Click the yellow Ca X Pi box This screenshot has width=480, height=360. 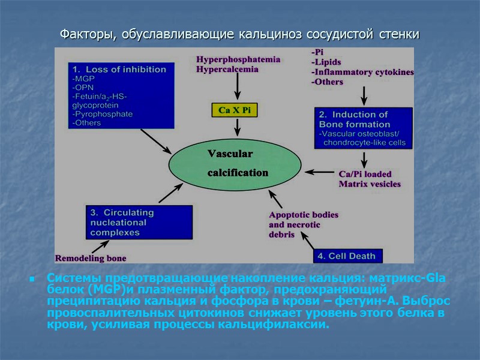coord(238,110)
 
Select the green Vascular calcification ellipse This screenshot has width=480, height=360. coord(235,163)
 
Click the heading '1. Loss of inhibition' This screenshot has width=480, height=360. coord(118,70)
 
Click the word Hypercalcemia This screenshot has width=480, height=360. coord(227,69)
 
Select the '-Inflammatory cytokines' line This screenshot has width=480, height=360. coord(362,73)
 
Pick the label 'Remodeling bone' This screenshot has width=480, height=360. coord(91,259)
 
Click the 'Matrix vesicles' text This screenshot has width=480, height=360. coord(370,184)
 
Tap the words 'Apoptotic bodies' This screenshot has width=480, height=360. coord(304,214)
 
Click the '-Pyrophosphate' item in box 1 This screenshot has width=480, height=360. coord(101,113)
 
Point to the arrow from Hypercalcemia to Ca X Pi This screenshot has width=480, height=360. coord(238,88)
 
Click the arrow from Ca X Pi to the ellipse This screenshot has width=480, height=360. coord(238,127)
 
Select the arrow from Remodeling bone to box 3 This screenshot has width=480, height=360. coord(100,246)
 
